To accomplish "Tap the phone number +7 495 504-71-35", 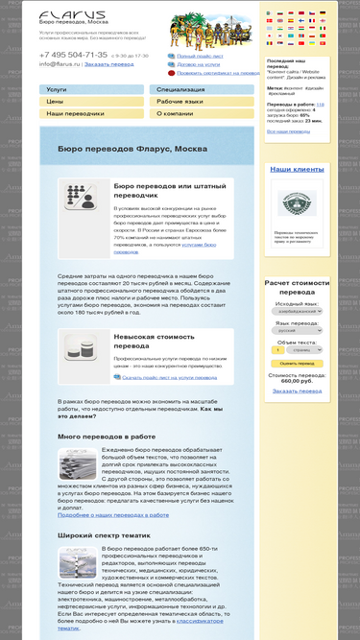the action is pos(73,55).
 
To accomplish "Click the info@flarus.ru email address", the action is pos(60,64).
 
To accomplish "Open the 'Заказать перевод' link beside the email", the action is pos(108,64).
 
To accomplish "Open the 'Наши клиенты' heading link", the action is pos(296,169).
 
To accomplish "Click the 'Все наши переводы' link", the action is pos(288,130).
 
